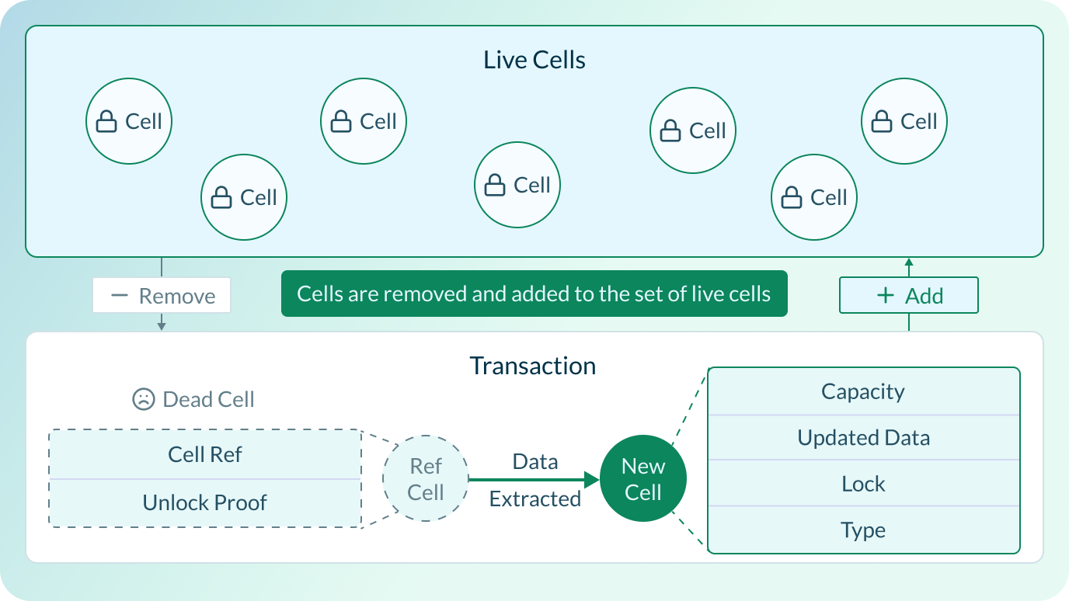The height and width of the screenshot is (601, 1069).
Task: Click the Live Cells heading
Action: pyautogui.click(x=534, y=61)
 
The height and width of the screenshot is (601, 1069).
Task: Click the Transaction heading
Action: pyautogui.click(x=533, y=366)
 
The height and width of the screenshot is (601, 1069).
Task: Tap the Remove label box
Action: pyautogui.click(x=162, y=296)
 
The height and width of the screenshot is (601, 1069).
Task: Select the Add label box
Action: pyautogui.click(x=908, y=296)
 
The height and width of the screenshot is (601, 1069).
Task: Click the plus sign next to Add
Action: pyautogui.click(x=885, y=296)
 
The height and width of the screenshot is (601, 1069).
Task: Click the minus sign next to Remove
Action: pyautogui.click(x=119, y=296)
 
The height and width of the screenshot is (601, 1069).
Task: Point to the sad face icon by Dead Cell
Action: pyautogui.click(x=143, y=400)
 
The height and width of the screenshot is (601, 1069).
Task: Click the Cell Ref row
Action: pyautogui.click(x=205, y=454)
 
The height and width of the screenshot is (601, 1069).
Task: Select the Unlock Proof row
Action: pyautogui.click(x=205, y=502)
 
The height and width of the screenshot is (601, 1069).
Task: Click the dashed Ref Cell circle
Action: pyautogui.click(x=425, y=479)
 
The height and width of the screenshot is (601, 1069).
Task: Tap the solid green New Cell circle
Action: pyautogui.click(x=643, y=479)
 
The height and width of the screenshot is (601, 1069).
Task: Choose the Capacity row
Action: pyautogui.click(x=863, y=391)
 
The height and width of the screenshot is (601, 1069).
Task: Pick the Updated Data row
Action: pyautogui.click(x=863, y=438)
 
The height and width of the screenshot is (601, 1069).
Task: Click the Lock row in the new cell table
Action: pyautogui.click(x=863, y=484)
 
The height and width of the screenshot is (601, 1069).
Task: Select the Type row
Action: pyautogui.click(x=863, y=530)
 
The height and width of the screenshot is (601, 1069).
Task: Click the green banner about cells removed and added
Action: pyautogui.click(x=534, y=294)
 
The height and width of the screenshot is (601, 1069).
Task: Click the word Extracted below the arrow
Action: pyautogui.click(x=534, y=499)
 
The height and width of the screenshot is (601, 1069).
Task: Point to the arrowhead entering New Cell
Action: pyautogui.click(x=592, y=480)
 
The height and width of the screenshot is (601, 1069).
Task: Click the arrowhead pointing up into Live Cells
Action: pyautogui.click(x=908, y=263)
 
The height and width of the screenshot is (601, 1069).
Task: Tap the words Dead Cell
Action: pyautogui.click(x=208, y=400)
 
